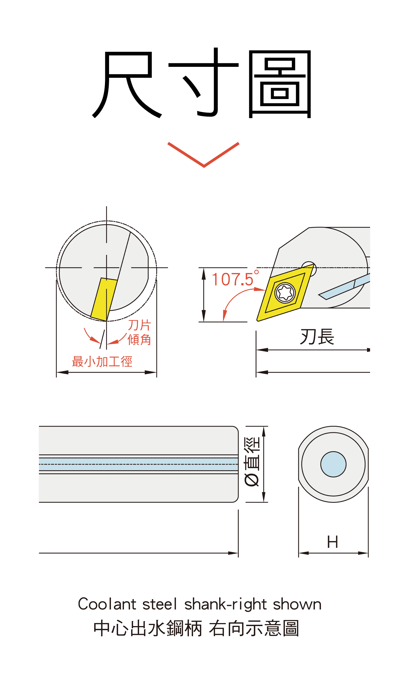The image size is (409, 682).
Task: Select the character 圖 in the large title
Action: (x=280, y=84)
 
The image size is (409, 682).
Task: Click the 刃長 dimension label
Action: (x=317, y=337)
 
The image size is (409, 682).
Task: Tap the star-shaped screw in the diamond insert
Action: (x=285, y=292)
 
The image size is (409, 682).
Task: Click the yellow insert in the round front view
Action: (x=104, y=299)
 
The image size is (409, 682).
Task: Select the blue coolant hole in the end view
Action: (x=333, y=464)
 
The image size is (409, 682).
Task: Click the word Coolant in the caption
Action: (x=107, y=604)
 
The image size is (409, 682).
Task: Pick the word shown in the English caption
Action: (x=297, y=604)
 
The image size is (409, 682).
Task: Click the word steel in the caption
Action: (x=160, y=604)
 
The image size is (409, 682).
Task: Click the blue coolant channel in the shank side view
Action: (x=138, y=464)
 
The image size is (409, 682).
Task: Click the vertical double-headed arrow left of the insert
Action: (x=204, y=294)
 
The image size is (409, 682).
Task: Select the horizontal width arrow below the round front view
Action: (x=106, y=372)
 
